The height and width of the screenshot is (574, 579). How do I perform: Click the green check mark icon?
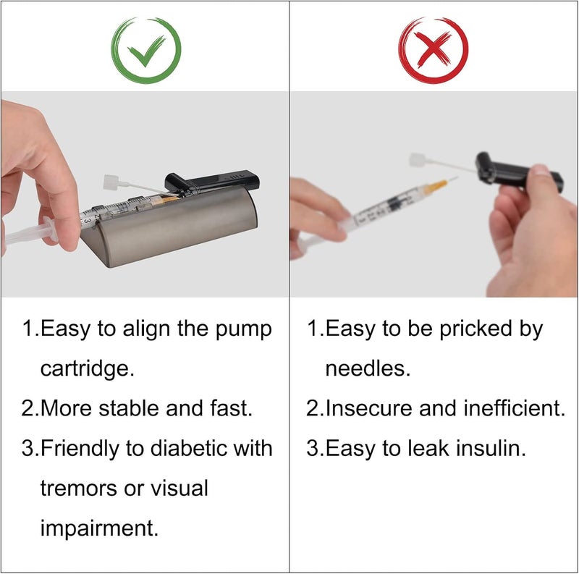coord(145,50)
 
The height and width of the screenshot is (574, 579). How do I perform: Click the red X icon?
coord(434,50)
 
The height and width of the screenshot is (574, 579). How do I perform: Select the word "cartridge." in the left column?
coord(88,368)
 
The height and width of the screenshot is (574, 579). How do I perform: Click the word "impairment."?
coord(99,528)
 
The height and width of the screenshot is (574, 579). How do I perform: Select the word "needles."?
coord(368,368)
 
